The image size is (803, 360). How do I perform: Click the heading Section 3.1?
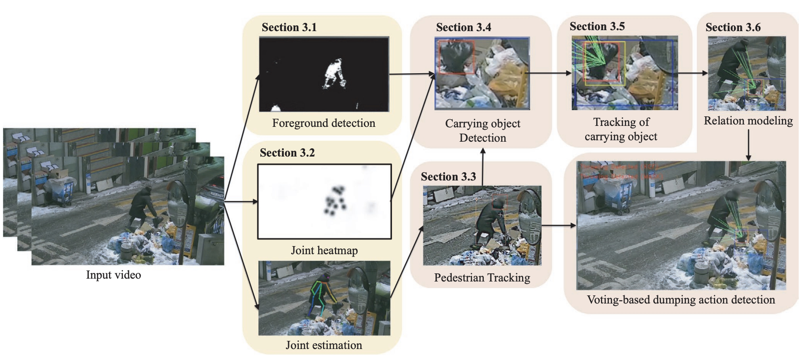tap(289, 27)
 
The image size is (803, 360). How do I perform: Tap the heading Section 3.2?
tap(287, 153)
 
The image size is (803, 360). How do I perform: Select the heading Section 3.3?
tap(448, 177)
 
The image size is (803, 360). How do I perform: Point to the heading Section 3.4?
tap(463, 27)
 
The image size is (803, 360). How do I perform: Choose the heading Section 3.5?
tap(597, 26)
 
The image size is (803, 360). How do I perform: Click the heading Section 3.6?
tap(733, 27)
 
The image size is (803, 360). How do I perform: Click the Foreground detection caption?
tap(323, 123)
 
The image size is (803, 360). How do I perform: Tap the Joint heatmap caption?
tap(324, 250)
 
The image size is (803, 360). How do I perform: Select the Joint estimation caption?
tap(323, 345)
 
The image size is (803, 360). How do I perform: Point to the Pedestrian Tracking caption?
tap(482, 278)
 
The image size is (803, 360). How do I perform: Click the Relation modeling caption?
tap(748, 121)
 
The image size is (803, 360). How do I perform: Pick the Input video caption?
tap(113, 275)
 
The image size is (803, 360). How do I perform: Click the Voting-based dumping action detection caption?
tap(680, 300)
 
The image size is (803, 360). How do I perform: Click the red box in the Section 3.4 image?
tap(457, 57)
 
